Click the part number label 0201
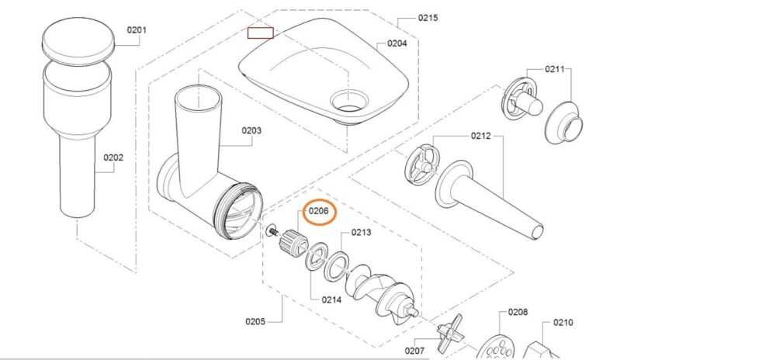[137, 29]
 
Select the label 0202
[113, 157]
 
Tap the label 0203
[251, 130]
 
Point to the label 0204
[397, 43]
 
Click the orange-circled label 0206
[319, 211]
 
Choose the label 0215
[428, 18]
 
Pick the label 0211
[555, 69]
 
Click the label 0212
[480, 136]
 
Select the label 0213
[362, 232]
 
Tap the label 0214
[331, 299]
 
